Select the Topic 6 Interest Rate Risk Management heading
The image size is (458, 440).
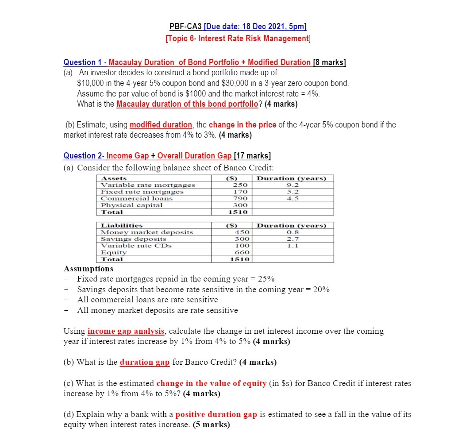[238, 39]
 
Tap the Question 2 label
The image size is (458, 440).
[83, 156]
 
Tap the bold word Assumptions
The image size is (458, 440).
[89, 269]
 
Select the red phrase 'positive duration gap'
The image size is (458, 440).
[216, 415]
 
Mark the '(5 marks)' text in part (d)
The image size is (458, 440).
[212, 425]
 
